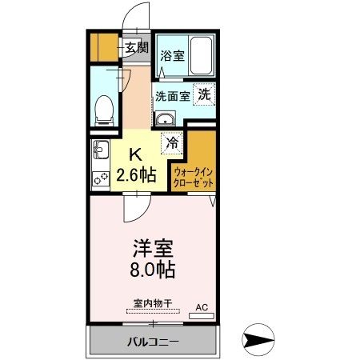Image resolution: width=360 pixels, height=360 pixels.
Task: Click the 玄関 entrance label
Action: pyautogui.click(x=136, y=47)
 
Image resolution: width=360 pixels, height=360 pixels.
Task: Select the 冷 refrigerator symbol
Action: pyautogui.click(x=171, y=145)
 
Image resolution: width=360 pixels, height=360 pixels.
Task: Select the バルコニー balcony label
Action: pyautogui.click(x=152, y=342)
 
